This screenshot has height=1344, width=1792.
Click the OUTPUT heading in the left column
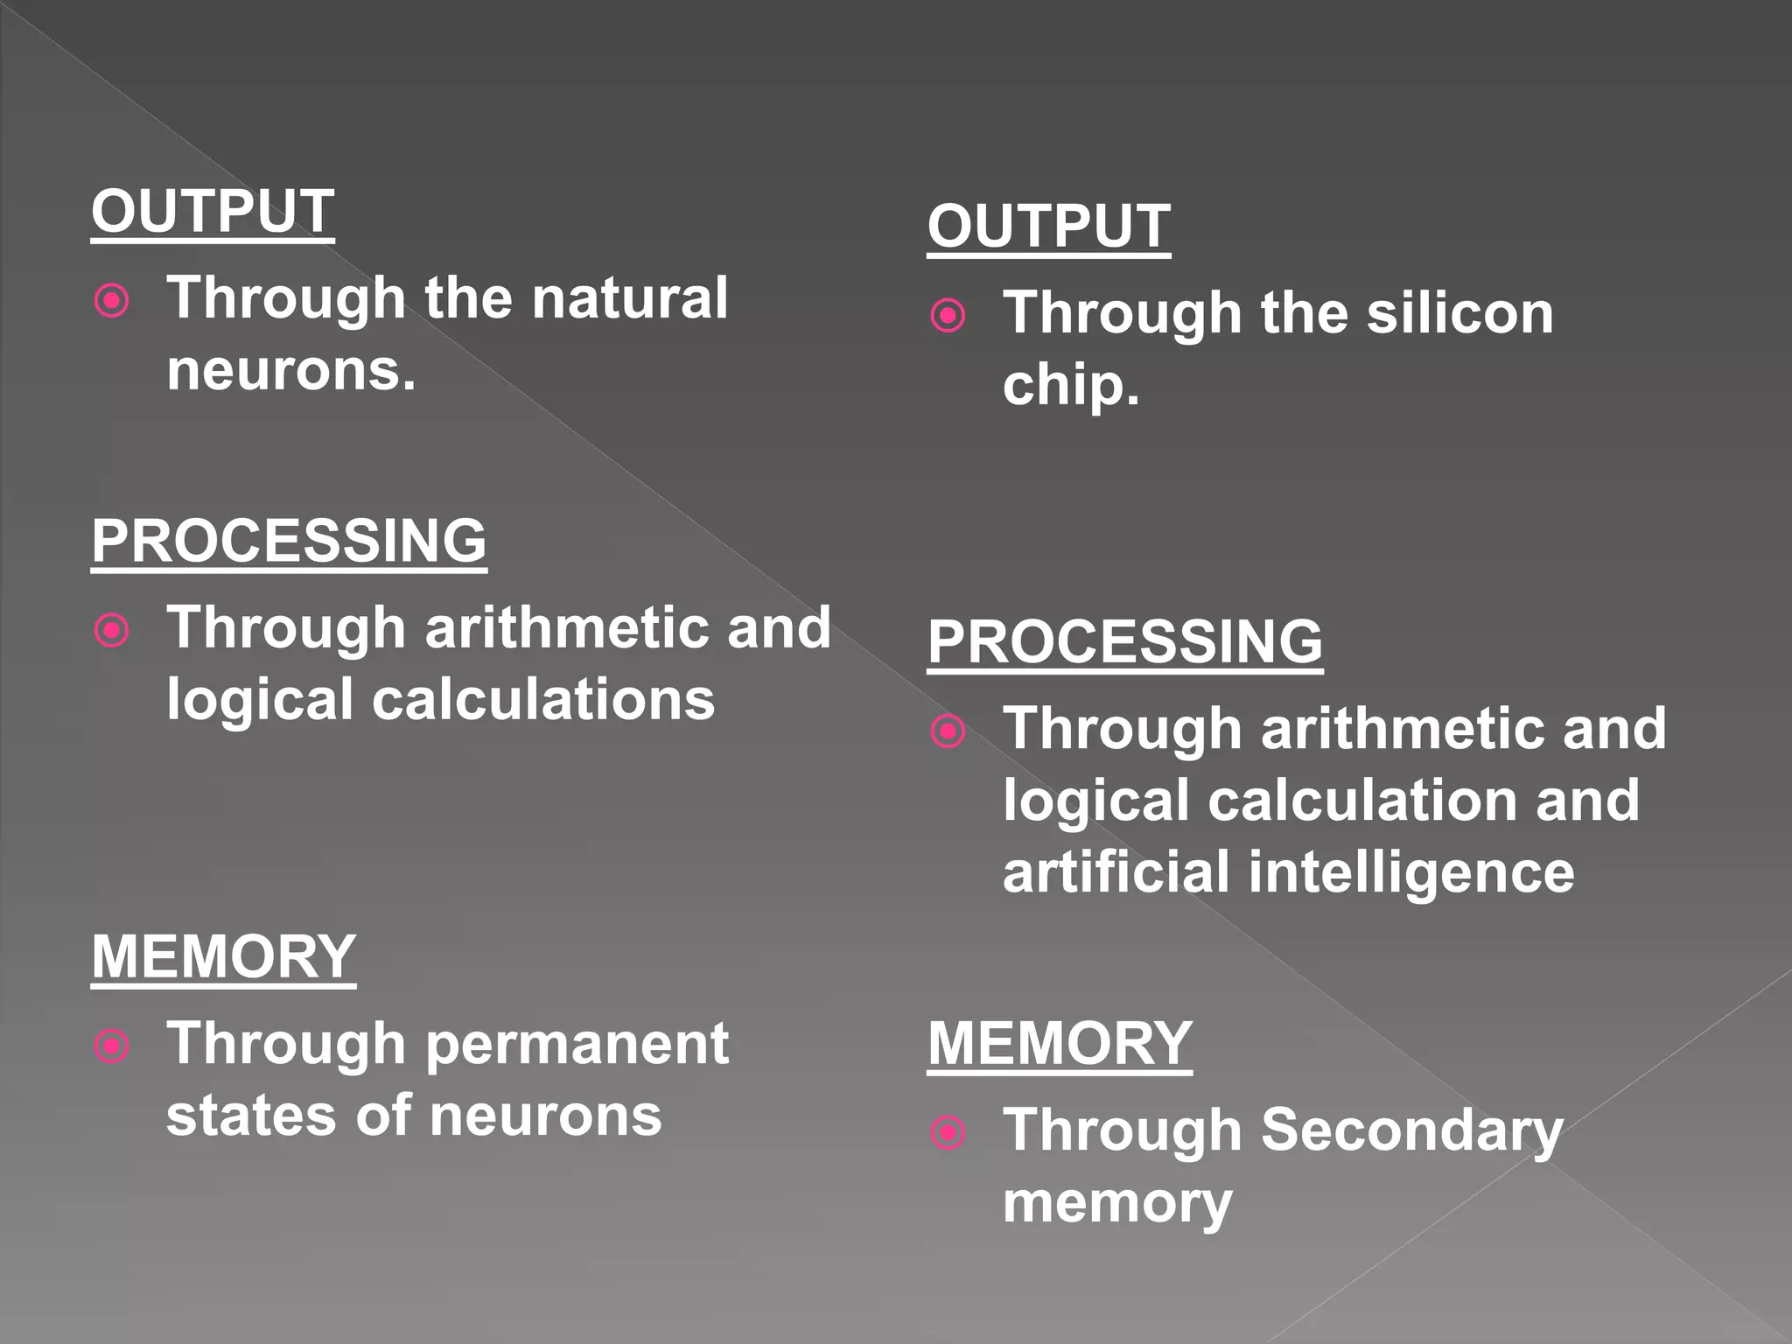point(213,212)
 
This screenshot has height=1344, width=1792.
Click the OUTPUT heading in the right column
point(1048,227)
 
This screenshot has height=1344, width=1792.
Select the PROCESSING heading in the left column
point(289,541)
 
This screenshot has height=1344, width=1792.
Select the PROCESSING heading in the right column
point(1124,642)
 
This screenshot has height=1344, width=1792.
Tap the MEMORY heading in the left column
point(223,956)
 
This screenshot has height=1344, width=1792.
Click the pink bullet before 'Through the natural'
point(112,302)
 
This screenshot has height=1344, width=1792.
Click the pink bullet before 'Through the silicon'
point(948,316)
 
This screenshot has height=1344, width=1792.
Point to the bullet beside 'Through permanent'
point(112,1046)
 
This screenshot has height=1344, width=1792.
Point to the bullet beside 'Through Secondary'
point(948,1133)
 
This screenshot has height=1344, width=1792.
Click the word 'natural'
point(629,298)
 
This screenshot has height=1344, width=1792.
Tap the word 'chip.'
point(1071,386)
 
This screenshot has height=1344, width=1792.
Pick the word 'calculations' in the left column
point(543,700)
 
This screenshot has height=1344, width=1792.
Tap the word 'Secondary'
point(1411,1130)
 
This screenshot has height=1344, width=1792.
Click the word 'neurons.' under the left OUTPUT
point(290,371)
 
